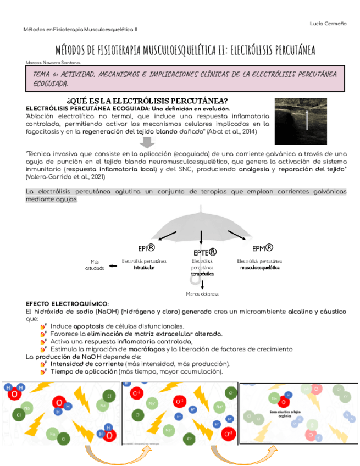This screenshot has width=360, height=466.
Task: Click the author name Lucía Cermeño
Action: coord(328,23)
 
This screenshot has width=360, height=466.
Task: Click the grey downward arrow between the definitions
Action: coord(147,142)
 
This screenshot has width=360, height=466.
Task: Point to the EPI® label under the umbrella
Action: coord(146,248)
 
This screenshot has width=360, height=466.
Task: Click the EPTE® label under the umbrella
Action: coord(204,252)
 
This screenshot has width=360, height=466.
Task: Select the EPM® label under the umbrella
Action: coord(263,248)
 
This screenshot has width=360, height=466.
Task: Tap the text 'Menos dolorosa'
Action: coord(202,294)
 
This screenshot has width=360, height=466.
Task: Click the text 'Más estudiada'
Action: coord(95,264)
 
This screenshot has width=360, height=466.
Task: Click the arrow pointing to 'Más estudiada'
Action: coord(113,266)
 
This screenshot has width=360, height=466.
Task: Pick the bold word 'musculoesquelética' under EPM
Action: coord(260,268)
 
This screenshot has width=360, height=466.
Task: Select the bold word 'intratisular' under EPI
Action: coord(144,268)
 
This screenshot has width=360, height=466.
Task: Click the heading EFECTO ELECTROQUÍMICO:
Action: coord(67,304)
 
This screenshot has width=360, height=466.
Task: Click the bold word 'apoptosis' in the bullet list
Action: coord(88,326)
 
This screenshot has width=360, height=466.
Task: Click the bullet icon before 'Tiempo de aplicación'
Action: coord(43,371)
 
